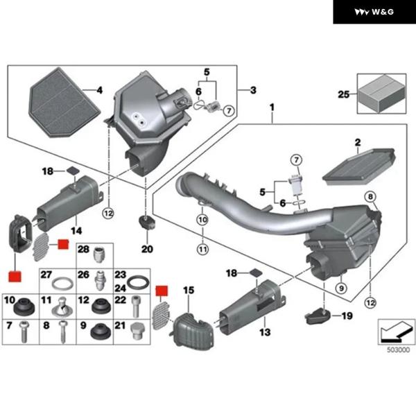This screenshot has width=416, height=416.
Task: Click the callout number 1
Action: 272,108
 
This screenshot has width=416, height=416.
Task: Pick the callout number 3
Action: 253,90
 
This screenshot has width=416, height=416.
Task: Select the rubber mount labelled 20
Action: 146,224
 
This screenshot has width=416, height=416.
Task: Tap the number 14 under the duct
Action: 76,229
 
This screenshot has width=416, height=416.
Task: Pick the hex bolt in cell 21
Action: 137,330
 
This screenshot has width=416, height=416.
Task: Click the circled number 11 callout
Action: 202,248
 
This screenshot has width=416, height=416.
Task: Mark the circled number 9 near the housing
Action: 341,287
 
